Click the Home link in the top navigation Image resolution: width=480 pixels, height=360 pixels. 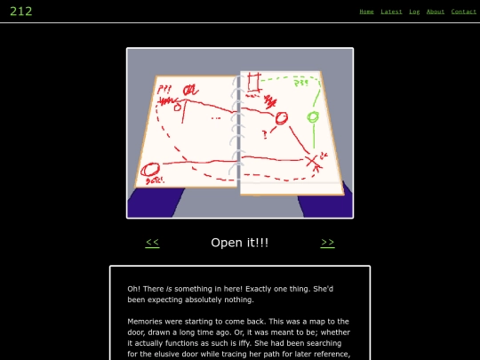tap(366, 12)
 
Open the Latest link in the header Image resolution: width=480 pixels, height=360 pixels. tap(391, 12)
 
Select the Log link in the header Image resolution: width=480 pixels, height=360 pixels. tap(414, 12)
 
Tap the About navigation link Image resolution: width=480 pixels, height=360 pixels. tap(436, 12)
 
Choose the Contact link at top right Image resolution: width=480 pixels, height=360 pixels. tap(464, 12)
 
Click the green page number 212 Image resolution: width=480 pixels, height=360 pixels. tap(21, 12)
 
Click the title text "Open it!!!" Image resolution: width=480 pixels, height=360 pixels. tap(240, 243)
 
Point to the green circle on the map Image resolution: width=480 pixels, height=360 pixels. tap(312, 117)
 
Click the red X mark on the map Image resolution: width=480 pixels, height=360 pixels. tap(312, 161)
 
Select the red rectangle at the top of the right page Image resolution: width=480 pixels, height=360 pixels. tap(252, 83)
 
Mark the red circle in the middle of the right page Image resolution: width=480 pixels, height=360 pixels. tap(281, 118)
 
